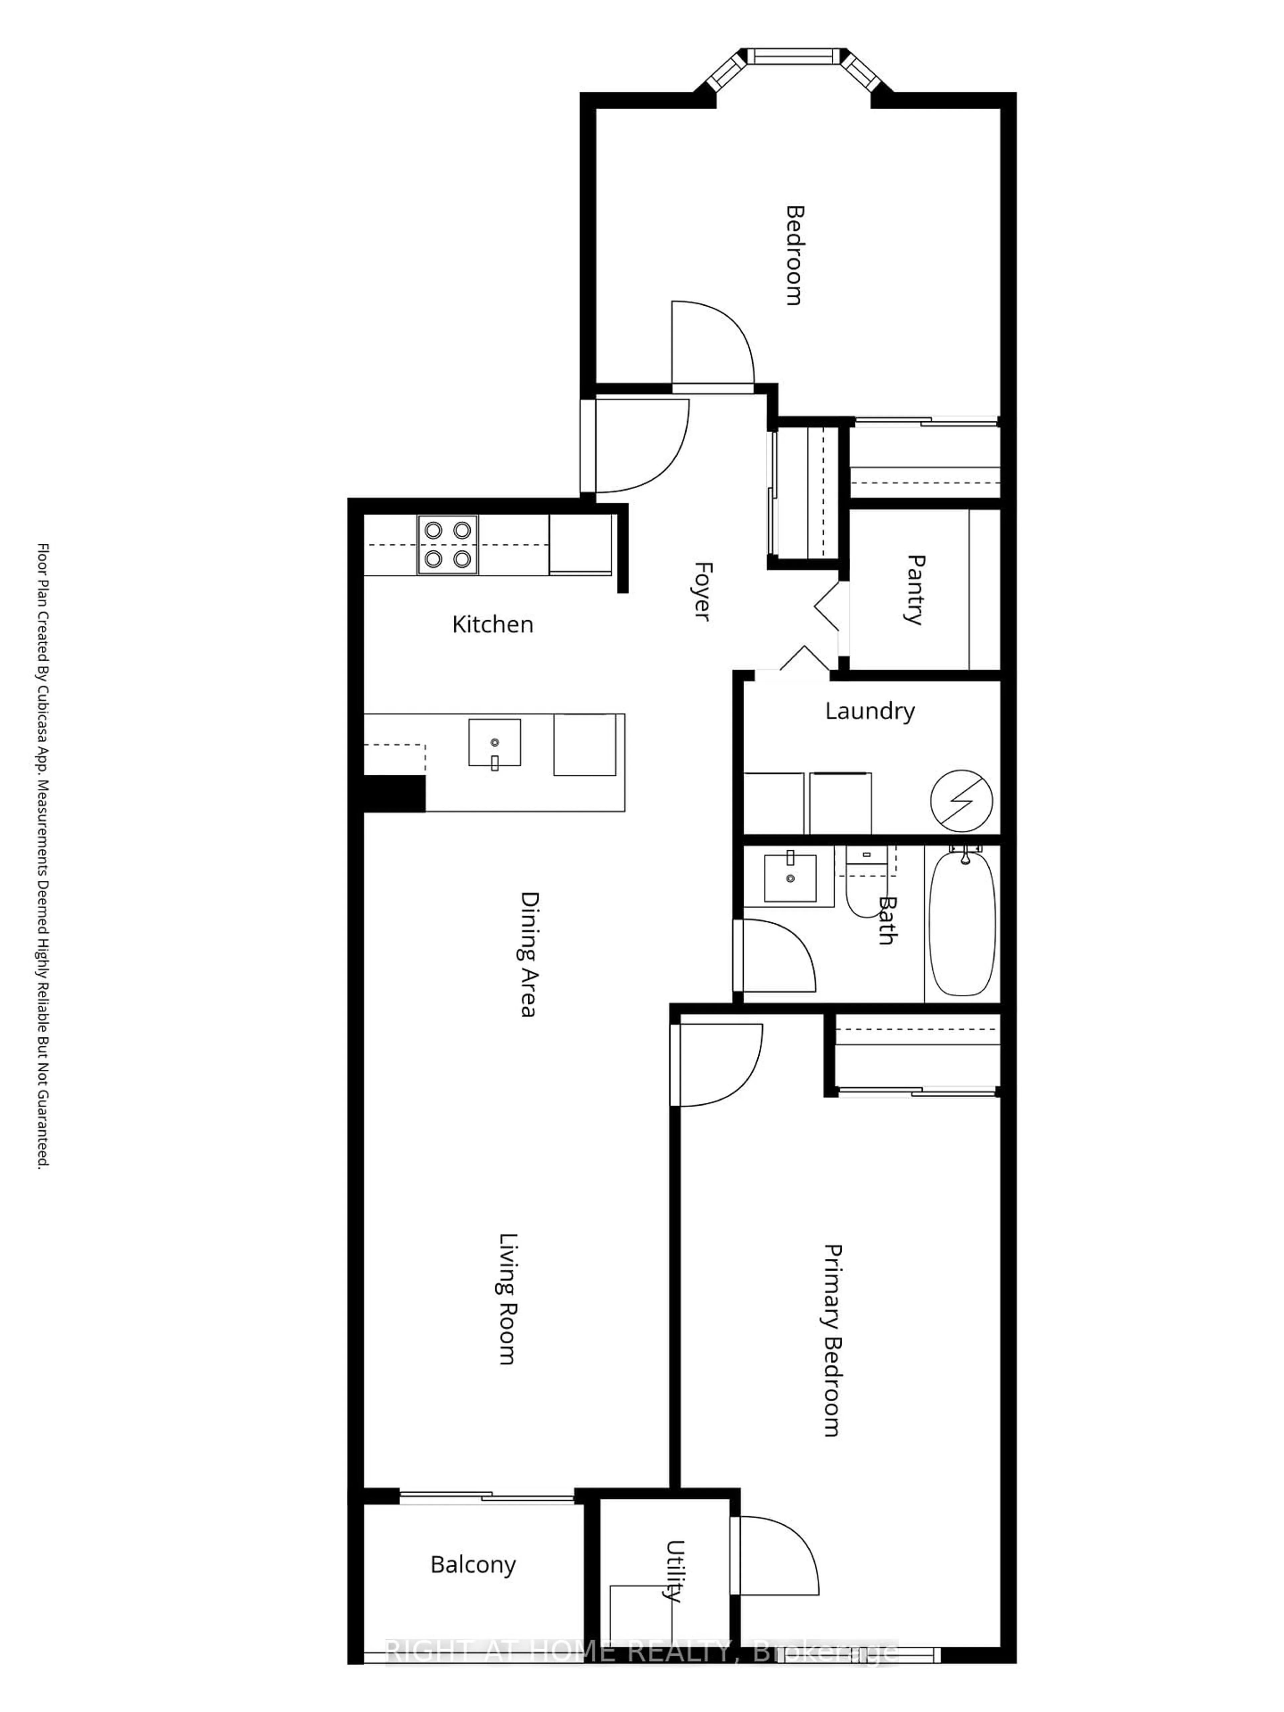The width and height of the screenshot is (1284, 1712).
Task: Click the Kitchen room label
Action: click(x=492, y=624)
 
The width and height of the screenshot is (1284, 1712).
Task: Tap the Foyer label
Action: click(x=701, y=591)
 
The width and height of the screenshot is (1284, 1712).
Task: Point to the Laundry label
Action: click(x=869, y=711)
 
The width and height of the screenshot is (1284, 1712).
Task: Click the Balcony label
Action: click(x=473, y=1564)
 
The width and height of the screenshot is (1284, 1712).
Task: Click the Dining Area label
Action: click(x=529, y=954)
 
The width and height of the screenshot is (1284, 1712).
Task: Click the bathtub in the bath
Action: click(x=962, y=923)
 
